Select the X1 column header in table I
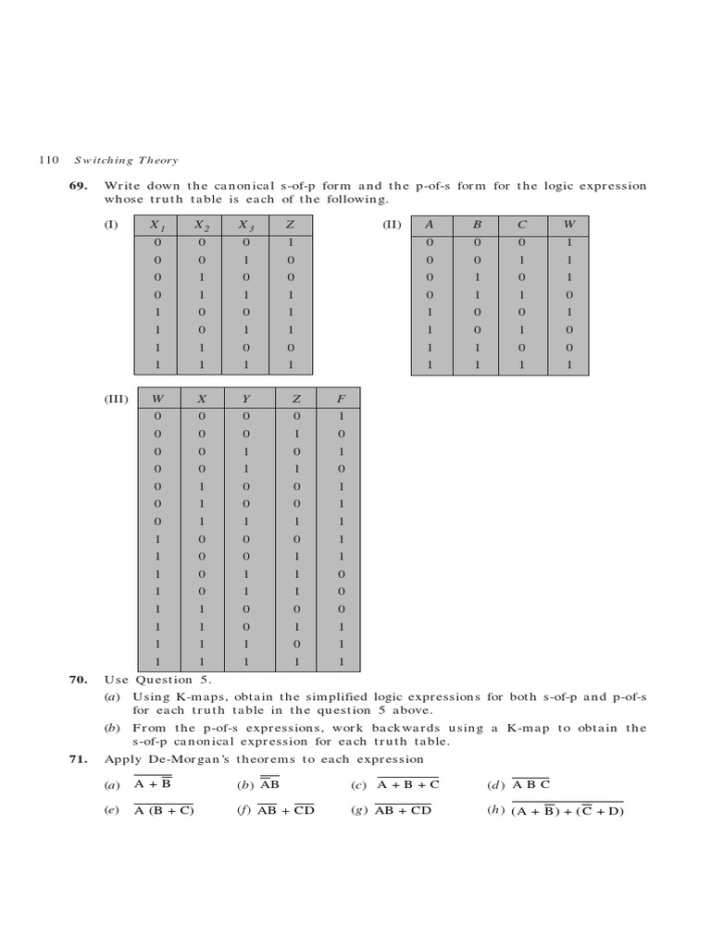click(158, 226)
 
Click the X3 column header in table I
click(245, 226)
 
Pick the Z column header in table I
click(291, 226)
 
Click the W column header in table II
click(569, 226)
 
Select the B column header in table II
click(478, 226)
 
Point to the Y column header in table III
click(246, 400)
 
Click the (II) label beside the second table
click(392, 225)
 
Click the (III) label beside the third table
click(117, 399)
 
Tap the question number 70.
click(77, 680)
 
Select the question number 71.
click(77, 759)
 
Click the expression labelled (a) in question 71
click(153, 785)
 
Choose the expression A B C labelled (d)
click(531, 785)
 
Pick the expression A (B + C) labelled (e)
click(163, 811)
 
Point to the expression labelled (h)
click(568, 812)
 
